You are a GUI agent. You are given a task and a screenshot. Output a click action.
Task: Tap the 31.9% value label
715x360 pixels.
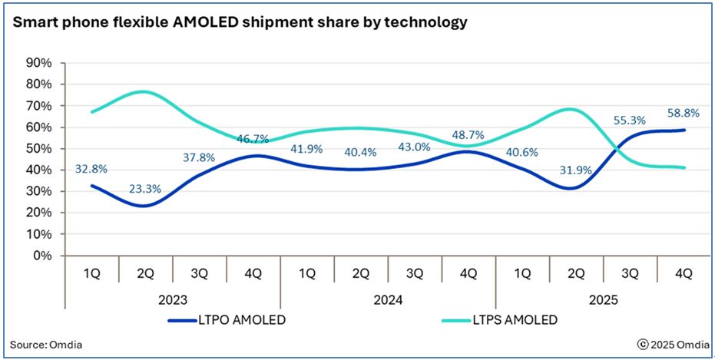coord(575,170)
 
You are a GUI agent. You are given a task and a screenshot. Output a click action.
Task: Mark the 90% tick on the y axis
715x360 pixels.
coord(38,63)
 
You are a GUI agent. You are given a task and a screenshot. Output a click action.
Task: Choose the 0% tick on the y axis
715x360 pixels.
coord(41,256)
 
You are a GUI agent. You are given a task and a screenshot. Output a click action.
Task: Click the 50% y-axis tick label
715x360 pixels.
coord(38,149)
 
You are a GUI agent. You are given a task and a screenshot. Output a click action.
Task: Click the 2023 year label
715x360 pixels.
coord(173,300)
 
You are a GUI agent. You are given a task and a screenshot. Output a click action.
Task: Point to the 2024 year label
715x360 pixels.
coord(388,300)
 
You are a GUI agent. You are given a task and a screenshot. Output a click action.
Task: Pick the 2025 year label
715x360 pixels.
coord(603,300)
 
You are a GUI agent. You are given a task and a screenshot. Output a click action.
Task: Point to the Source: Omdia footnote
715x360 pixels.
coord(46,345)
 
